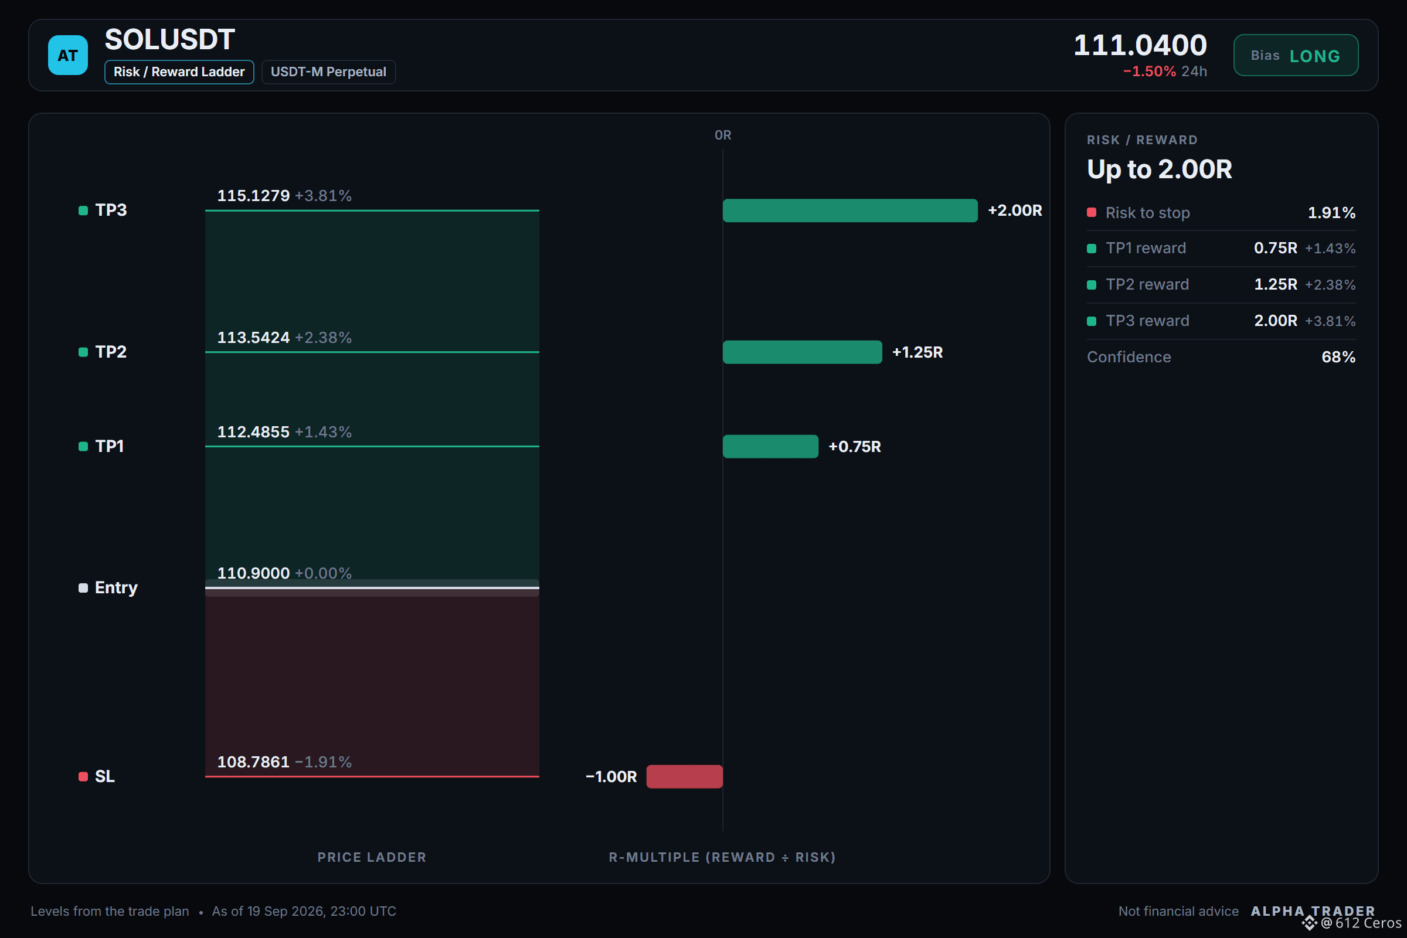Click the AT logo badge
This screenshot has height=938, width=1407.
point(67,55)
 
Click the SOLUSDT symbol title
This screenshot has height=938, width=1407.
point(170,39)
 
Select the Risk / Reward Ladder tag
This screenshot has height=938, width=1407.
point(179,72)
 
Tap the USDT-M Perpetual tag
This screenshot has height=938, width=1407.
point(328,72)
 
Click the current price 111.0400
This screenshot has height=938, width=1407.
point(1140,45)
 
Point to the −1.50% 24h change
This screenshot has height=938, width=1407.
point(1165,71)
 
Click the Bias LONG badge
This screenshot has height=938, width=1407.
point(1296,55)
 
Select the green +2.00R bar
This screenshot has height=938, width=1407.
point(850,210)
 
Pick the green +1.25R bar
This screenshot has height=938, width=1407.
point(802,352)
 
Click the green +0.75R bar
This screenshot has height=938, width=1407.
point(770,446)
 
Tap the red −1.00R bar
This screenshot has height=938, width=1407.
point(684,776)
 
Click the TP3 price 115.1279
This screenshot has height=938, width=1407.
point(253,196)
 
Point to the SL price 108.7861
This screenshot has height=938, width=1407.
point(253,762)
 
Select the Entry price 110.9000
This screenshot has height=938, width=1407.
point(253,573)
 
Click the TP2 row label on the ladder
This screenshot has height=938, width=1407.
point(111,352)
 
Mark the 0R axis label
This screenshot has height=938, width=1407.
point(723,135)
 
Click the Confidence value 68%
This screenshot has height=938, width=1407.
point(1338,357)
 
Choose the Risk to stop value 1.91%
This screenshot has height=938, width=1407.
point(1331,212)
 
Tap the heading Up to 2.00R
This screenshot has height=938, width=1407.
point(1160,169)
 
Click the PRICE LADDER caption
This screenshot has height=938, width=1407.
point(372,857)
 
